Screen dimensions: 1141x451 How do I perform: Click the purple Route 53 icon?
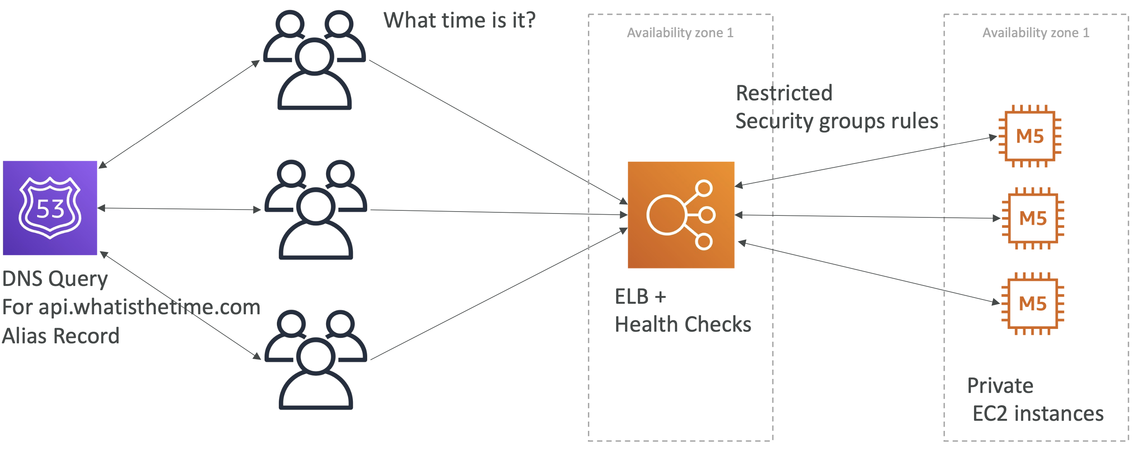click(50, 208)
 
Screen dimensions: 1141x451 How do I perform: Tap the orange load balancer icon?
click(681, 215)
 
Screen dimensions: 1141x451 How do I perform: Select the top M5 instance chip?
click(1030, 136)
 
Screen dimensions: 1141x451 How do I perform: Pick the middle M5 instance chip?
click(1033, 219)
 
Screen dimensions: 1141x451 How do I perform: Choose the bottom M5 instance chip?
click(1033, 303)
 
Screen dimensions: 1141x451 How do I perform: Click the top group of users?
click(314, 60)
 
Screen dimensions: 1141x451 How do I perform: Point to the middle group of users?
click(316, 210)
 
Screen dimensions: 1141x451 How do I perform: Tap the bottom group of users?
click(316, 360)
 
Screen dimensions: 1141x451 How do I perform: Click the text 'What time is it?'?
click(459, 21)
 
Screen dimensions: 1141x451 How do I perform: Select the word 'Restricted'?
click(784, 93)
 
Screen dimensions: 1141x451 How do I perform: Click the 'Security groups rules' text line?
click(837, 121)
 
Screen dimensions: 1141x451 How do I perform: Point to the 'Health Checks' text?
click(683, 324)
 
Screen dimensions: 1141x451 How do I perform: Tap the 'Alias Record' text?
click(61, 336)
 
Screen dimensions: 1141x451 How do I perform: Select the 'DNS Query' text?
click(55, 279)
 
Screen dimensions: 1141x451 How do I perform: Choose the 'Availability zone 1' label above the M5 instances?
click(1036, 33)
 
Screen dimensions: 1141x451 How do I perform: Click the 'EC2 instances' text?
click(1038, 413)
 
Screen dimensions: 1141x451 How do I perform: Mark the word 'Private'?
click(1000, 386)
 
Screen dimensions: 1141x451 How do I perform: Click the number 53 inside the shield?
click(50, 209)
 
